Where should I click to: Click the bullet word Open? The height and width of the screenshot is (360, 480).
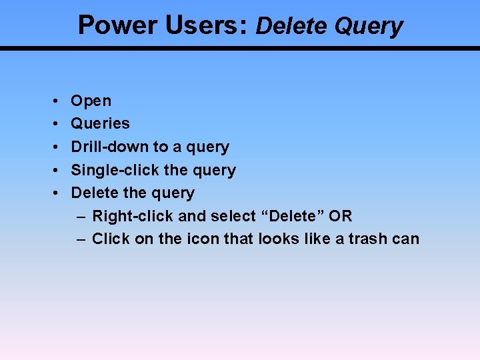click(x=91, y=101)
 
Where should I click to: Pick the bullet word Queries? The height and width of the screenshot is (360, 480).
click(x=100, y=123)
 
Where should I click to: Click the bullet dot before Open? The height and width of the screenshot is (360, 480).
click(x=53, y=101)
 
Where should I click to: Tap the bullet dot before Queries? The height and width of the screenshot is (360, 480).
click(x=53, y=124)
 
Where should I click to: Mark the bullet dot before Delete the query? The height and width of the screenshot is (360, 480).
click(x=53, y=193)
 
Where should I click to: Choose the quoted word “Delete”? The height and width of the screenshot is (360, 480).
click(x=291, y=216)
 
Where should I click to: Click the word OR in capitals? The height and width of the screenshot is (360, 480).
click(x=339, y=216)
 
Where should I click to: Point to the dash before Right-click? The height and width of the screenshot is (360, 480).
click(x=81, y=216)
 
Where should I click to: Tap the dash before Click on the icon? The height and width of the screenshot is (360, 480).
click(x=81, y=239)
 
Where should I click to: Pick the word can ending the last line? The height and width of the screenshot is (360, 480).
click(x=406, y=239)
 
